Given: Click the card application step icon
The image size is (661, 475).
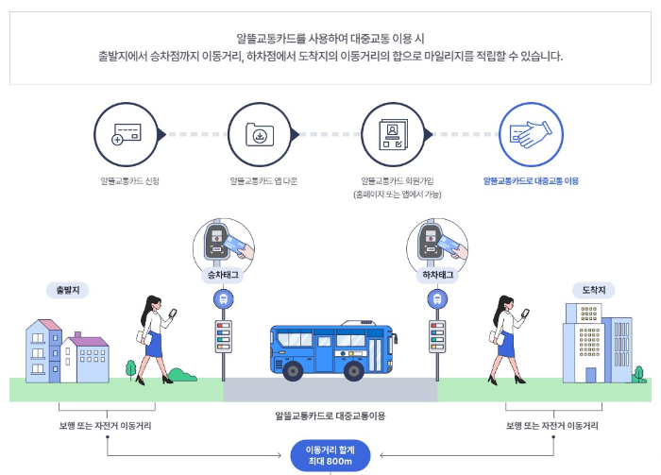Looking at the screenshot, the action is click(127, 135).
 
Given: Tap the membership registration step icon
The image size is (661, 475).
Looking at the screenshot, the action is click(393, 135).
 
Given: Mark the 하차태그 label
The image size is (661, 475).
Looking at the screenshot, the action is click(436, 275).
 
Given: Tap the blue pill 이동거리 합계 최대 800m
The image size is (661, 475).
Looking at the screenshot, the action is click(330, 456).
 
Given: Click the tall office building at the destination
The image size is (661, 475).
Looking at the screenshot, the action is click(596, 342).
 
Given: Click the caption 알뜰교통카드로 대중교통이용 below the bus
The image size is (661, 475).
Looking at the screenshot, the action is click(330, 416).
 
